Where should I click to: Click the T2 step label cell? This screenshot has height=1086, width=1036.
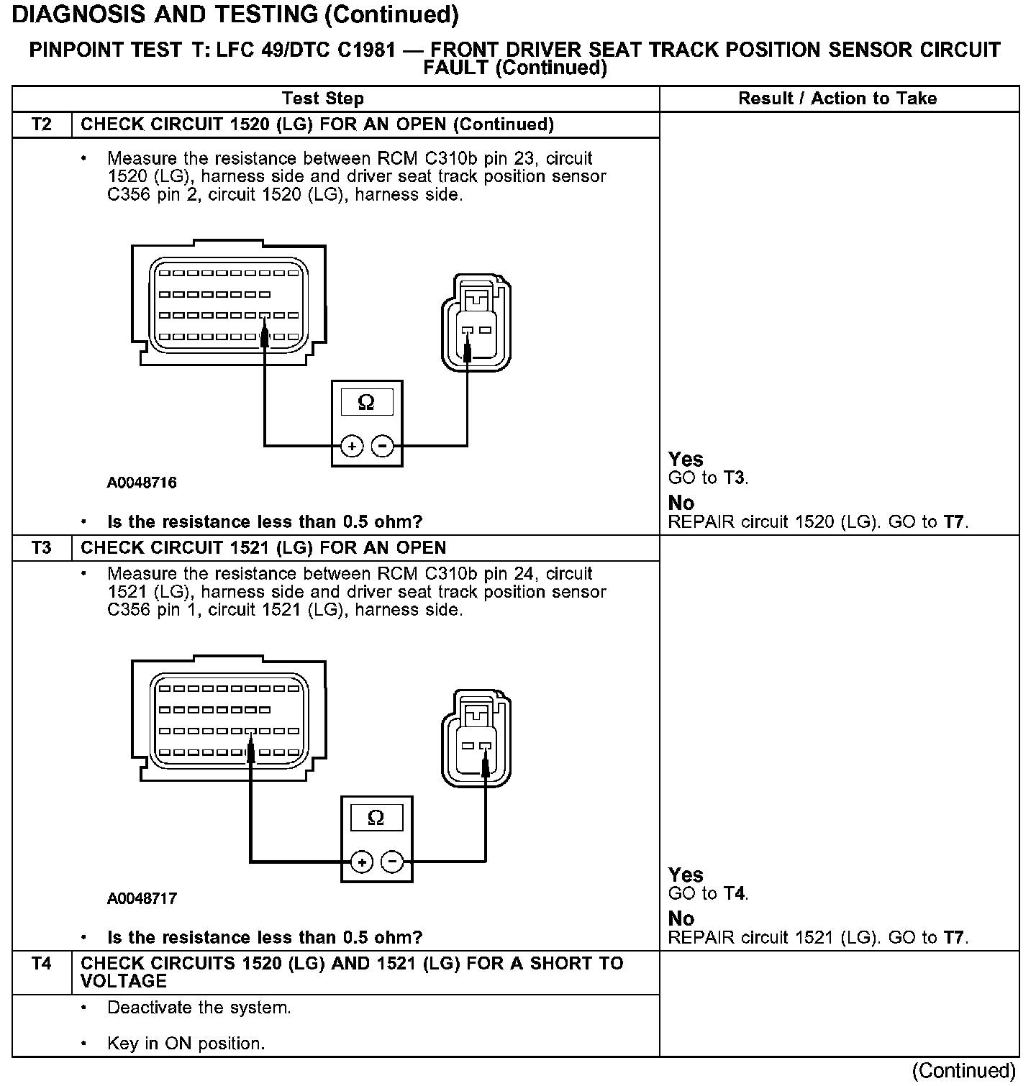point(42,124)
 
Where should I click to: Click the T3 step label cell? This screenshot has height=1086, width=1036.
point(42,548)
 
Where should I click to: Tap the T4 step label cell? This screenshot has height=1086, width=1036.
point(42,964)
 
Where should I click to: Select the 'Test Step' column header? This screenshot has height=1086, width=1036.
point(323,99)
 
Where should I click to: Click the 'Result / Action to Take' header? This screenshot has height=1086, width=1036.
point(837,99)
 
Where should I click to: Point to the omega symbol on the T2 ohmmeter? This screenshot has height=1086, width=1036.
point(366,403)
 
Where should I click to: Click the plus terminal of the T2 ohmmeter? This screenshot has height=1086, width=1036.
point(352,447)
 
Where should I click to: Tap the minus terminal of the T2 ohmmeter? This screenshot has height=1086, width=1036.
point(382,447)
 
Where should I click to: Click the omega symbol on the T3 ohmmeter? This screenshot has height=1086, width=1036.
point(376,818)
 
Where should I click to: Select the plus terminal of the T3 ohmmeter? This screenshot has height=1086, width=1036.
point(362,862)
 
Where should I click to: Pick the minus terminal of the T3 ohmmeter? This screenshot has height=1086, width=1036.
point(392,862)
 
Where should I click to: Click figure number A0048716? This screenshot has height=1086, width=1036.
point(142,483)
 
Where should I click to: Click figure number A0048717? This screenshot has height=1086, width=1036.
point(142,898)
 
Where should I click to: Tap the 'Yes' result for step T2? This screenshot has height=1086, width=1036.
point(686,459)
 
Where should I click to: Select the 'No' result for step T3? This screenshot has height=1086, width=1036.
point(681,918)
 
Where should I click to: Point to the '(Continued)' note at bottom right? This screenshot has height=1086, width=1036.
point(963,1071)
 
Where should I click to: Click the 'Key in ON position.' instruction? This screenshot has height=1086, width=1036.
point(186,1044)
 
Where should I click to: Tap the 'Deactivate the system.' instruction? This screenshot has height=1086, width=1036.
point(199,1008)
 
